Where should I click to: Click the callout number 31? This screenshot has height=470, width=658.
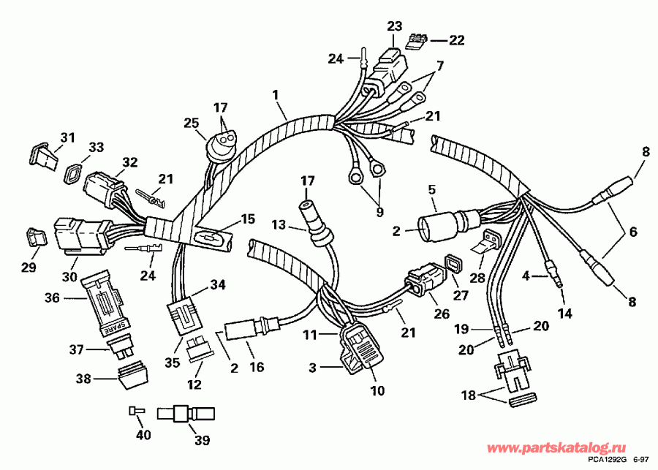67,137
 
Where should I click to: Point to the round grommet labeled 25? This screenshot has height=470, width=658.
216,140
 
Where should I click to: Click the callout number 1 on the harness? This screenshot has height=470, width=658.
276,94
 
